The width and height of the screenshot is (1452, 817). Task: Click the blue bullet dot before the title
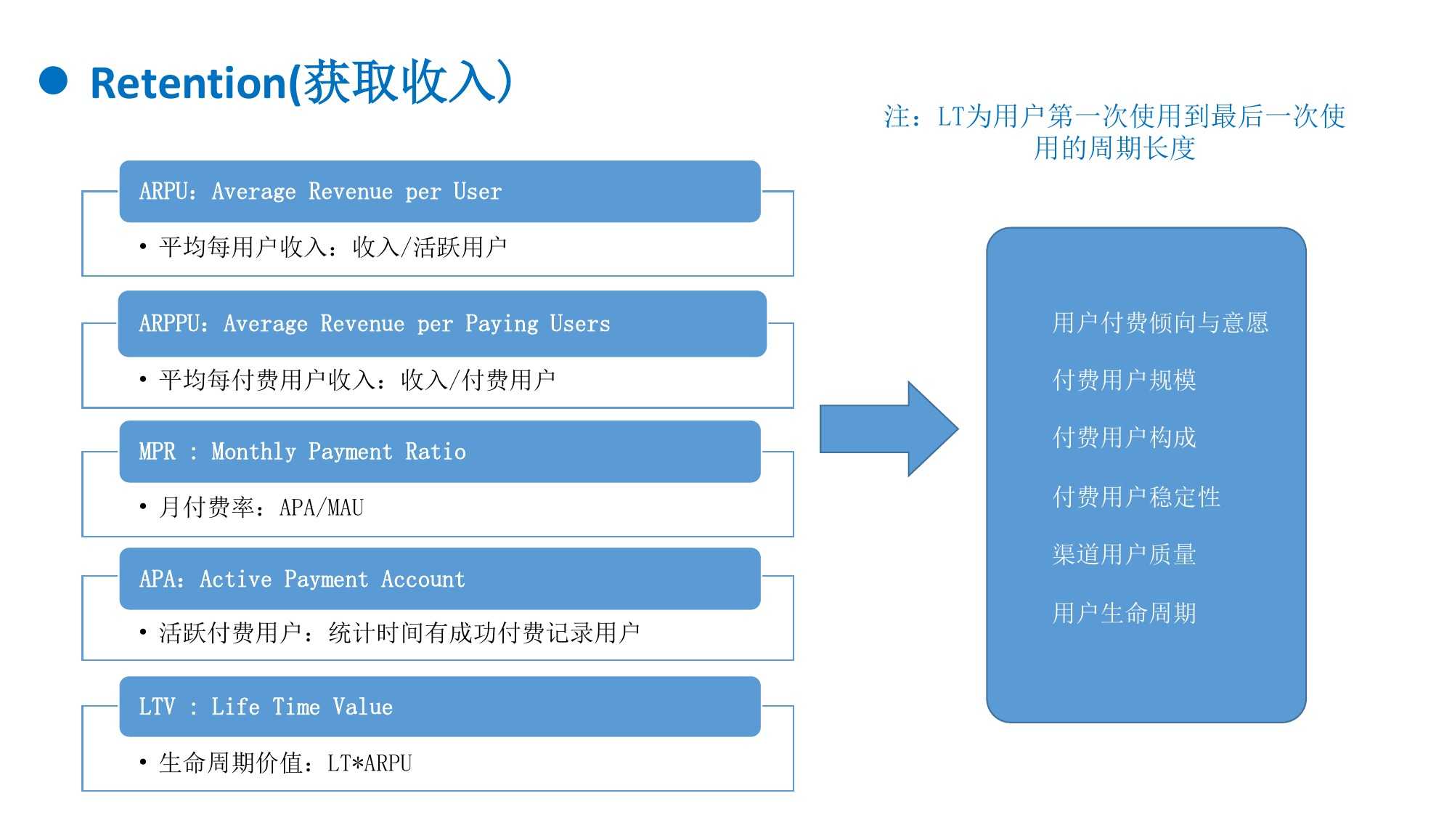pyautogui.click(x=53, y=81)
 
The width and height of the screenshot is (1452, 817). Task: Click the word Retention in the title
pyautogui.click(x=188, y=84)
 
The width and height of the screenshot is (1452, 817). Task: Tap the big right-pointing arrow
pyautogui.click(x=889, y=429)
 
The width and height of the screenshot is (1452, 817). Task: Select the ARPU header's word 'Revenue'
pyautogui.click(x=350, y=192)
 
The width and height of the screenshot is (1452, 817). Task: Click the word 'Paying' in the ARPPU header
pyautogui.click(x=502, y=324)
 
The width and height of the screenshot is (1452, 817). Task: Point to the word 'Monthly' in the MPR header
pyautogui.click(x=253, y=452)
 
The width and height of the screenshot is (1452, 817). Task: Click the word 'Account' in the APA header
pyautogui.click(x=423, y=580)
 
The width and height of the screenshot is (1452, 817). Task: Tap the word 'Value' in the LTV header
pyautogui.click(x=362, y=707)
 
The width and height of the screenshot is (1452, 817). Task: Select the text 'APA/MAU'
pyautogui.click(x=322, y=508)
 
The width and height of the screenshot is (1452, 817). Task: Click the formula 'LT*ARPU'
pyautogui.click(x=370, y=763)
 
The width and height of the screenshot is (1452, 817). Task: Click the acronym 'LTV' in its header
pyautogui.click(x=157, y=707)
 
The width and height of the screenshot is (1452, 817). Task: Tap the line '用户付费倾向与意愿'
pyautogui.click(x=1159, y=322)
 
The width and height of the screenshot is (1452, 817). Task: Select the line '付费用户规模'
pyautogui.click(x=1124, y=380)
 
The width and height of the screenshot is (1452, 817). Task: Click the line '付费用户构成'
pyautogui.click(x=1124, y=437)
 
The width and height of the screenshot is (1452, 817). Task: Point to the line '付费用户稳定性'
pyautogui.click(x=1136, y=497)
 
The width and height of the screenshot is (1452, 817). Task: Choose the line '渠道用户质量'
pyautogui.click(x=1124, y=554)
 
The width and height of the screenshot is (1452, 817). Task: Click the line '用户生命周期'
pyautogui.click(x=1124, y=613)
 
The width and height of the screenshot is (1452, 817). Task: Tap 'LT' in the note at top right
pyautogui.click(x=950, y=116)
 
